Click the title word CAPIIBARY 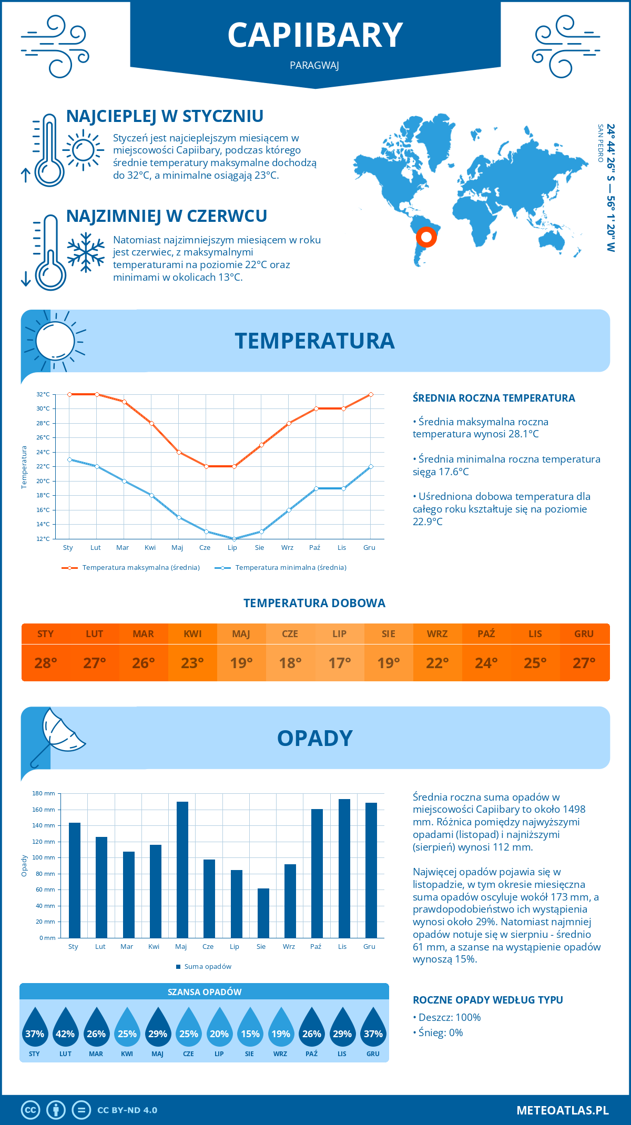[315, 36]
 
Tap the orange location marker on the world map [426, 237]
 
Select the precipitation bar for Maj [182, 870]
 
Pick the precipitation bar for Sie [263, 913]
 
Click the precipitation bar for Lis [344, 868]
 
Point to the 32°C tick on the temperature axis [43, 394]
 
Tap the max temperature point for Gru [371, 394]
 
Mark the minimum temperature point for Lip [234, 539]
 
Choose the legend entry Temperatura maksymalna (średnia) [131, 568]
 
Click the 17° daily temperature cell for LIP [339, 663]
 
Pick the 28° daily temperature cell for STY [46, 663]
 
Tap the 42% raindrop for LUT [65, 1028]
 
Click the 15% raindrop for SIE [250, 1028]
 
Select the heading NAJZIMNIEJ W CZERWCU [167, 216]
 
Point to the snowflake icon [86, 252]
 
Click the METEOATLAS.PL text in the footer [563, 1110]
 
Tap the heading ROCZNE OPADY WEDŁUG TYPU [487, 1000]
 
